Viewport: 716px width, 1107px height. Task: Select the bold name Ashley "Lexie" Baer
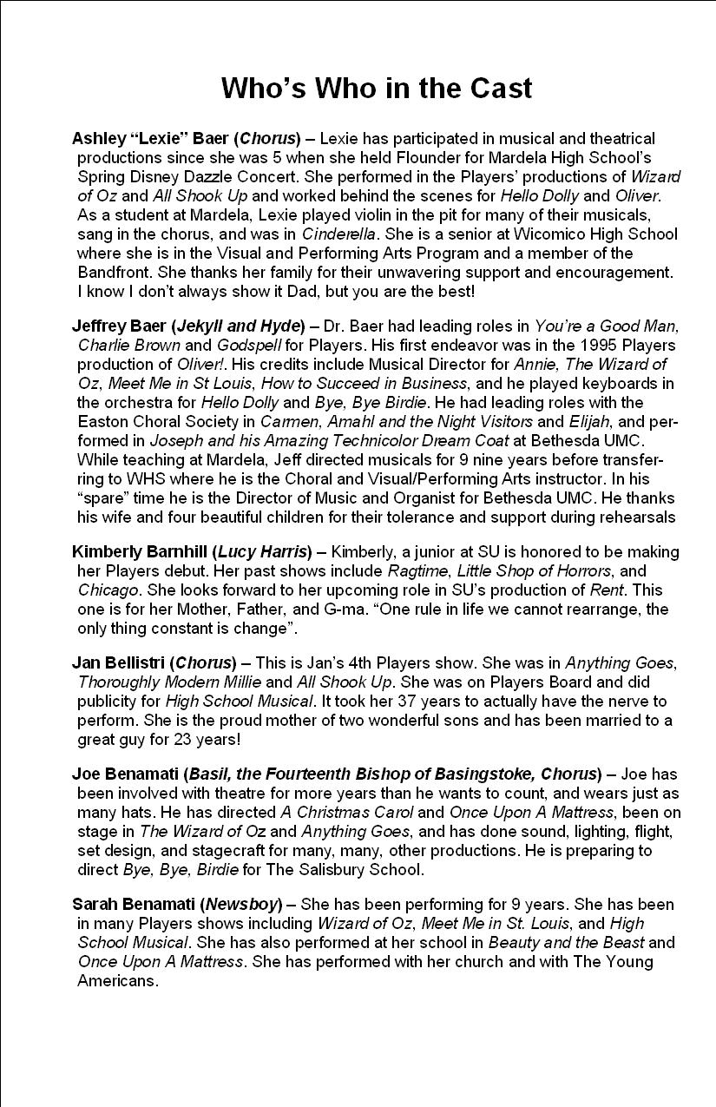click(x=151, y=139)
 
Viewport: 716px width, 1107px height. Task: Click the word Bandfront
click(x=112, y=273)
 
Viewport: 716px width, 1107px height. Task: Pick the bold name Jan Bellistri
click(x=119, y=663)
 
